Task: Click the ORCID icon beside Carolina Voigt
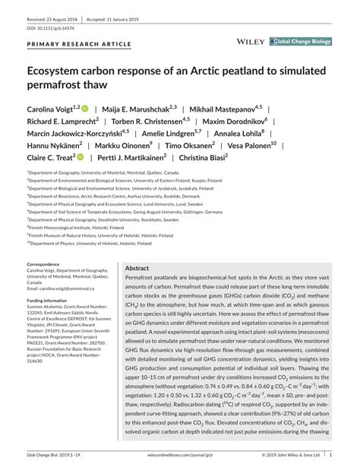coord(85,109)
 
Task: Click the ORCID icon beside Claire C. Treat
coord(79,158)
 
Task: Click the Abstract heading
coord(137,269)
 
